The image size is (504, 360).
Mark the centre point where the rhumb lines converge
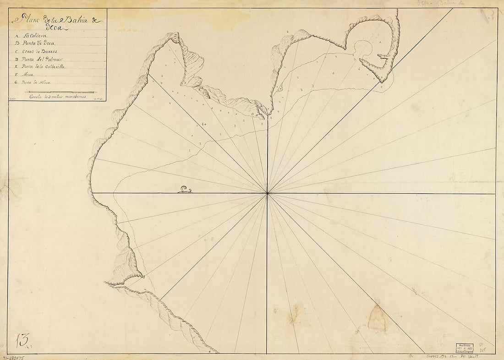click(x=267, y=193)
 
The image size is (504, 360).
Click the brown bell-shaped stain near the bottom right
click(x=377, y=318)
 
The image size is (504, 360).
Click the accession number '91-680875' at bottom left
click(x=14, y=356)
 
